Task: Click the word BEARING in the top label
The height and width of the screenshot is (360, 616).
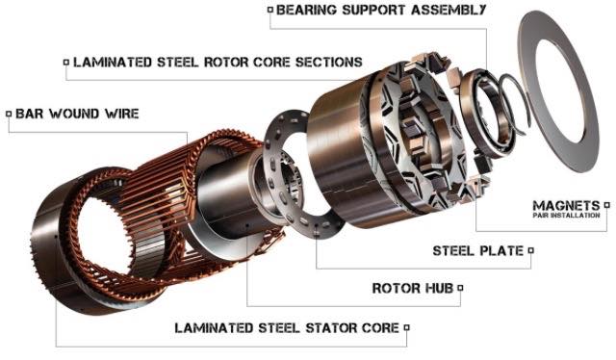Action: pyautogui.click(x=306, y=10)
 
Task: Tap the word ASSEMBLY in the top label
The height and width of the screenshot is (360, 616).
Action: pyautogui.click(x=449, y=10)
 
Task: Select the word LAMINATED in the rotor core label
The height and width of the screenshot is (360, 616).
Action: pyautogui.click(x=113, y=63)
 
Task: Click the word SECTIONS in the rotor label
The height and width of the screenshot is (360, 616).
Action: pyautogui.click(x=329, y=63)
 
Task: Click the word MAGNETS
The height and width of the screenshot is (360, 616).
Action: pyautogui.click(x=566, y=205)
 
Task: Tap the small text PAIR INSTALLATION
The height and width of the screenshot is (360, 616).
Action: pyautogui.click(x=566, y=216)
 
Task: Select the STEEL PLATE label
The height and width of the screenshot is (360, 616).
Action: pyautogui.click(x=478, y=250)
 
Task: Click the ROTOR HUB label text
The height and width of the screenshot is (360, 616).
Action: pyautogui.click(x=413, y=288)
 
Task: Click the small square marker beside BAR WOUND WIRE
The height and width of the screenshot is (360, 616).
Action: pyautogui.click(x=9, y=114)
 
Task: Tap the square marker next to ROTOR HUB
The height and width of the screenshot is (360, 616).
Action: pyautogui.click(x=460, y=288)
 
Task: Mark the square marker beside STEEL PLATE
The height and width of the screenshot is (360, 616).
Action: pyautogui.click(x=531, y=250)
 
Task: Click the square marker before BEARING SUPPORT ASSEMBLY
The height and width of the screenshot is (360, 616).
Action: pyautogui.click(x=269, y=10)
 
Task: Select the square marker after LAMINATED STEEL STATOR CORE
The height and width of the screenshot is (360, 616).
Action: pyautogui.click(x=407, y=327)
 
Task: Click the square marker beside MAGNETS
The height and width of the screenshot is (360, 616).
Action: pyautogui.click(x=607, y=205)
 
